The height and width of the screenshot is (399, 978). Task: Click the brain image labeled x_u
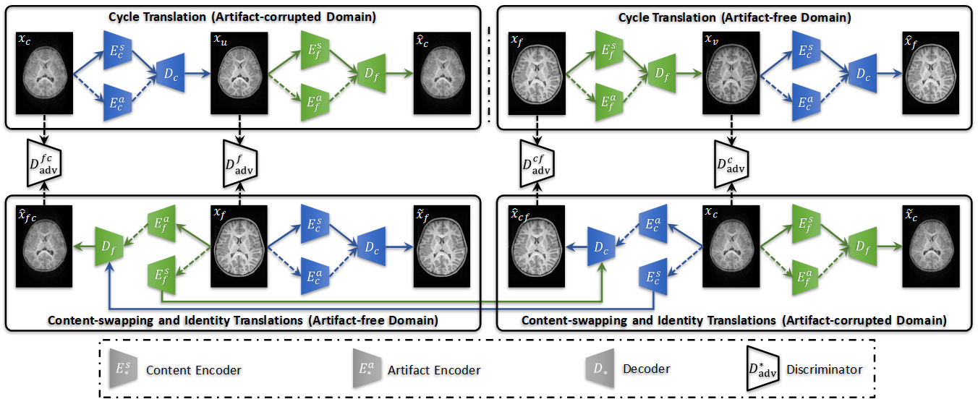point(239,72)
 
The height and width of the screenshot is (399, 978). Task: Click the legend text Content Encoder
point(193,370)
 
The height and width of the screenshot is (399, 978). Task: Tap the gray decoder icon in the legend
point(598,369)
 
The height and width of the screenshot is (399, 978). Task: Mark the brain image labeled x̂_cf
point(535,247)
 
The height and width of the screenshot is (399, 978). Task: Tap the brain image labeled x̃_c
point(928,247)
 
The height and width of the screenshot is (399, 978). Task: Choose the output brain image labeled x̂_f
point(928,72)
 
